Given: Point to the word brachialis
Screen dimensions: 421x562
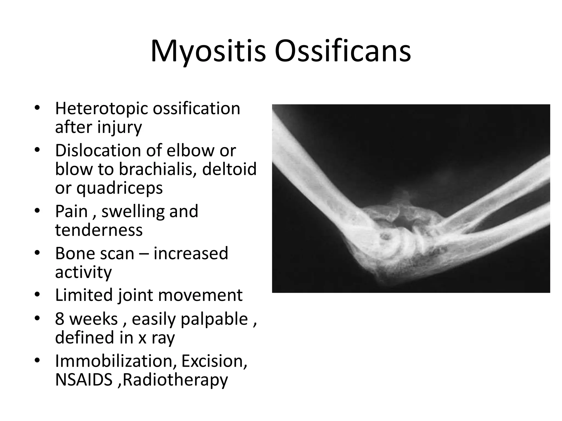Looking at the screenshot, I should (x=158, y=169).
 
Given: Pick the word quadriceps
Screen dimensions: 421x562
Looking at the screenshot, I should (x=119, y=189).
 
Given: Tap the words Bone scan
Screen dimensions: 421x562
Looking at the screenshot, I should (x=95, y=253).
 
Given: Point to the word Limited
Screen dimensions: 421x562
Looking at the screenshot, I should (x=84, y=295).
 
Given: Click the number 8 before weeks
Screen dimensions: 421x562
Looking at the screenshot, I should (x=60, y=319).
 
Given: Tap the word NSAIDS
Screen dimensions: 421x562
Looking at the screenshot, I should (x=84, y=380).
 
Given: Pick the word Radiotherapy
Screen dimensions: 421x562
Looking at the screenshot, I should (x=175, y=380).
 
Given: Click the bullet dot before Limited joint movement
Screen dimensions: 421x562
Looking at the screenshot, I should (x=37, y=295).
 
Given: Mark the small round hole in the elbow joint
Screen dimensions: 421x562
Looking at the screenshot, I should (x=385, y=236).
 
